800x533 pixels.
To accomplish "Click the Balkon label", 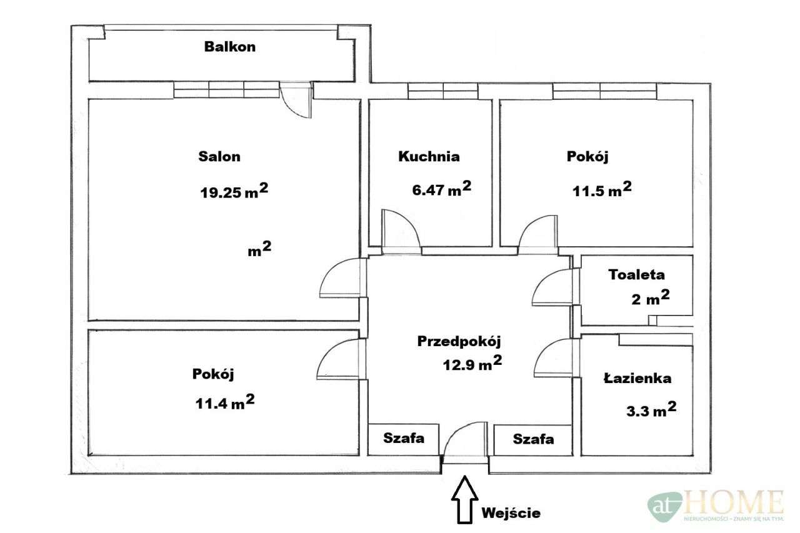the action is point(229,47).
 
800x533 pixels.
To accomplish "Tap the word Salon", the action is point(219,156).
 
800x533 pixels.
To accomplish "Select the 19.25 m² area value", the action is point(234,191).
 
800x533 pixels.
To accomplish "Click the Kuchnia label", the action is point(429,156).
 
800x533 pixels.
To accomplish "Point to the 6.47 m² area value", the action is point(441,188).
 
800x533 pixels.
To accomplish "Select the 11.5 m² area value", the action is point(602,189).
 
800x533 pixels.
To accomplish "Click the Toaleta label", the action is point(636,274).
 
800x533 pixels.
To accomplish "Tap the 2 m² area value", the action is point(651,297).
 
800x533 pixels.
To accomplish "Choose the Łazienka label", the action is point(637,378).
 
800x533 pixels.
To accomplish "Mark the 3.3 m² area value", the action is point(651,409).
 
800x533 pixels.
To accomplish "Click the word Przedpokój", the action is point(459,341).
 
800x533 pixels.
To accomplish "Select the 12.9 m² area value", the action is point(472,363).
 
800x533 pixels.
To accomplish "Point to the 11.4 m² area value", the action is point(225,402).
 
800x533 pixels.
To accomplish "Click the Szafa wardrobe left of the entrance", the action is point(404,440).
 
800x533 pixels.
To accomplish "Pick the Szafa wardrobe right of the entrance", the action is point(533,440).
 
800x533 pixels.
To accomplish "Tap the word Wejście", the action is point(511,513).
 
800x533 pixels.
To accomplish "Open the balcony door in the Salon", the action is point(296,99).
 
